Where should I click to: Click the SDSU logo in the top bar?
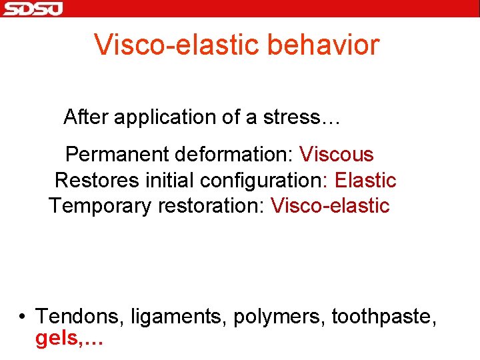(x=32, y=9)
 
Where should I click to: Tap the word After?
(x=86, y=117)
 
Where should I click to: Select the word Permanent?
(x=117, y=155)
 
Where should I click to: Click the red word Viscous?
(x=336, y=155)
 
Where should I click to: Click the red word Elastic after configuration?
(x=365, y=181)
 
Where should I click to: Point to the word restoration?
(x=210, y=206)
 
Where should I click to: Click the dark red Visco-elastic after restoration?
(x=329, y=206)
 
